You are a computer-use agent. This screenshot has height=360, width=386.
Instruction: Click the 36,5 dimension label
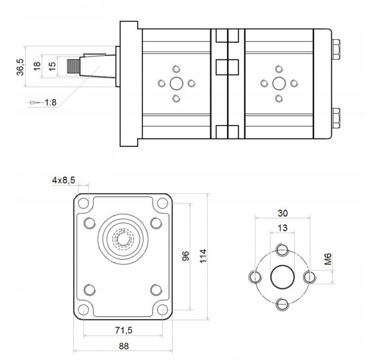pyautogui.click(x=20, y=66)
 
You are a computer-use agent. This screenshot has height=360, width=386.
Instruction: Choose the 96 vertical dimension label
pyautogui.click(x=185, y=256)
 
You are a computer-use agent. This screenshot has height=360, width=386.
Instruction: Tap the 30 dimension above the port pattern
pyautogui.click(x=282, y=213)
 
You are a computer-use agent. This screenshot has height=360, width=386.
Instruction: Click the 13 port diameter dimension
pyautogui.click(x=282, y=228)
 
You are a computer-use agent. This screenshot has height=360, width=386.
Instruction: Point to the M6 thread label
pyautogui.click(x=328, y=259)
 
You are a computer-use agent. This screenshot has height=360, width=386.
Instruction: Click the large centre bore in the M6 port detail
pyautogui.click(x=282, y=278)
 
